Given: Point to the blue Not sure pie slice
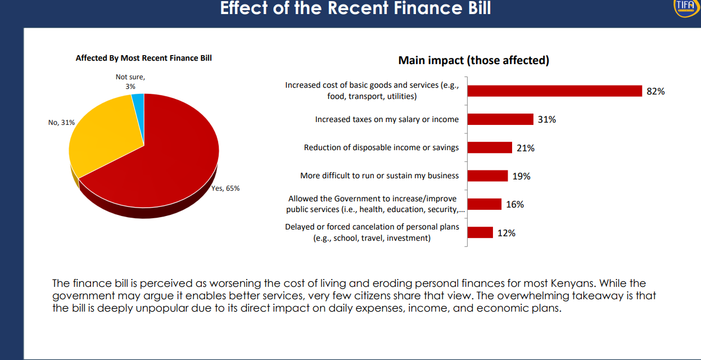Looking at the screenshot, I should [x=138, y=101].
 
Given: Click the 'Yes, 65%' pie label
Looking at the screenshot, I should [x=225, y=188].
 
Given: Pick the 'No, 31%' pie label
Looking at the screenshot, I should [x=61, y=121].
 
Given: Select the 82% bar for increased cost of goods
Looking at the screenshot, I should [x=554, y=91].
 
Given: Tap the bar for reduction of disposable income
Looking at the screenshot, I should [x=490, y=147].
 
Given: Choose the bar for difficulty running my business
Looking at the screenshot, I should [x=487, y=175].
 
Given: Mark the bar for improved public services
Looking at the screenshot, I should [x=484, y=204].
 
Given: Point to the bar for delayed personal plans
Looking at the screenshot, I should [x=480, y=232].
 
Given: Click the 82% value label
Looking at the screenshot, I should [x=655, y=91].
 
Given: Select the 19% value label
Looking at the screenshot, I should [x=521, y=176].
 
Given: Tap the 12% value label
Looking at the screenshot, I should [x=506, y=233].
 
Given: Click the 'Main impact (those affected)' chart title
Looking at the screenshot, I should [x=473, y=60].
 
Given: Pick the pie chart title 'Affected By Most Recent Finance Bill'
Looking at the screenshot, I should [x=144, y=58].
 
